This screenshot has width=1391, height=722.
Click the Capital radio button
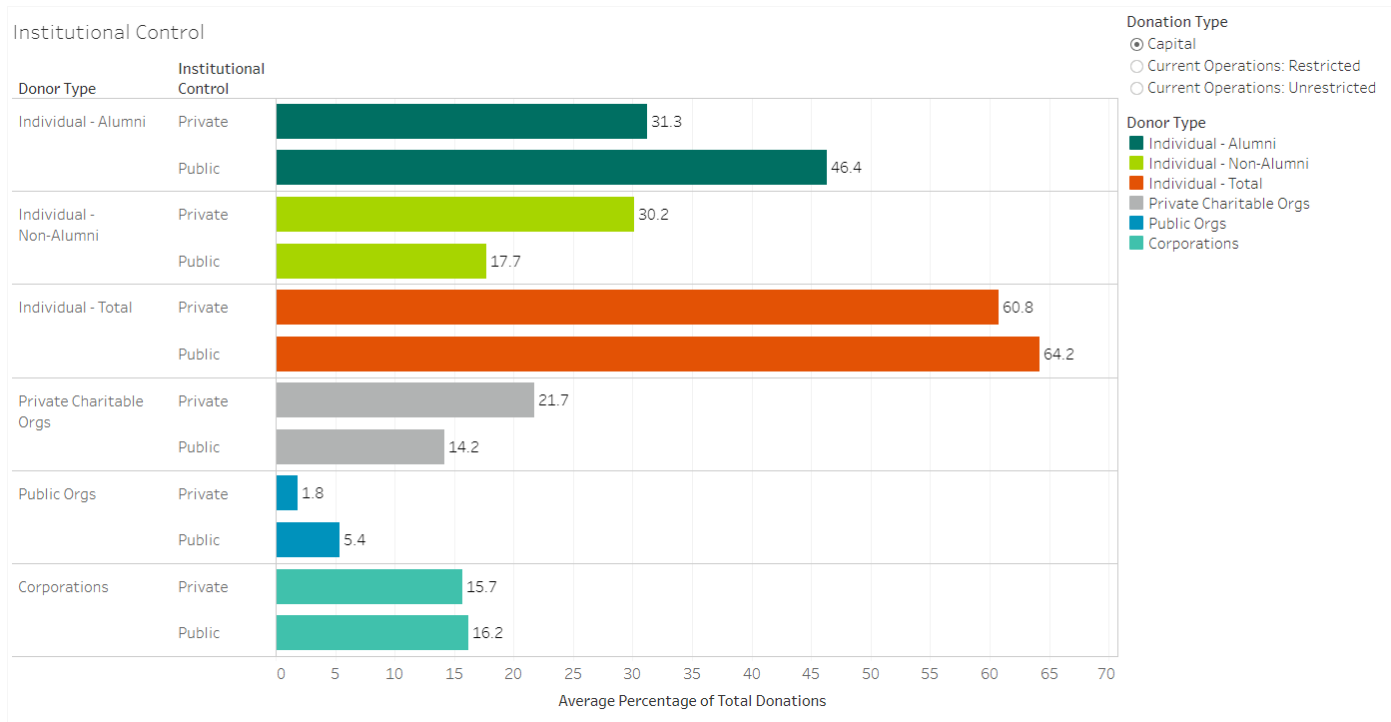(x=1136, y=44)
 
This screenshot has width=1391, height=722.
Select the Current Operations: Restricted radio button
(x=1136, y=66)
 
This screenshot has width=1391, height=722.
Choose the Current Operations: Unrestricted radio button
(x=1136, y=88)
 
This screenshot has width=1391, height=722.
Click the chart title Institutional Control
(x=108, y=32)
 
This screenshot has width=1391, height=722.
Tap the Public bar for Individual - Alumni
(x=551, y=168)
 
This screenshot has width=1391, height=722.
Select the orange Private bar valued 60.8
(x=637, y=308)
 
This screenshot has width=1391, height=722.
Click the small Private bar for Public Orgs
(x=287, y=493)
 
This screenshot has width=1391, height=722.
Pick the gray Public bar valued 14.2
(x=359, y=447)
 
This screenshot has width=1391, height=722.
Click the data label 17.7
(x=505, y=262)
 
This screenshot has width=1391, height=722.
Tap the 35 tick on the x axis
(x=692, y=674)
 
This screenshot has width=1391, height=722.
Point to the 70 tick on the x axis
(x=1105, y=674)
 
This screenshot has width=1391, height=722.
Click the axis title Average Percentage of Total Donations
(x=692, y=701)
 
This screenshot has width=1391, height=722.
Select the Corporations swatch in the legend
(x=1135, y=244)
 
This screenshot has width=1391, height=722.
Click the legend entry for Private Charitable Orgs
(x=1228, y=204)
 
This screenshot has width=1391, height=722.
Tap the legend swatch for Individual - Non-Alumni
(x=1135, y=164)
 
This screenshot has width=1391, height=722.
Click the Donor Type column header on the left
(x=57, y=89)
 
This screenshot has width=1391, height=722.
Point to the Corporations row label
(x=63, y=587)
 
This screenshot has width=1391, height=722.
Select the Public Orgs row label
(x=57, y=494)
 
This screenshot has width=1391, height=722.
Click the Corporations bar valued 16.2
(x=371, y=633)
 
